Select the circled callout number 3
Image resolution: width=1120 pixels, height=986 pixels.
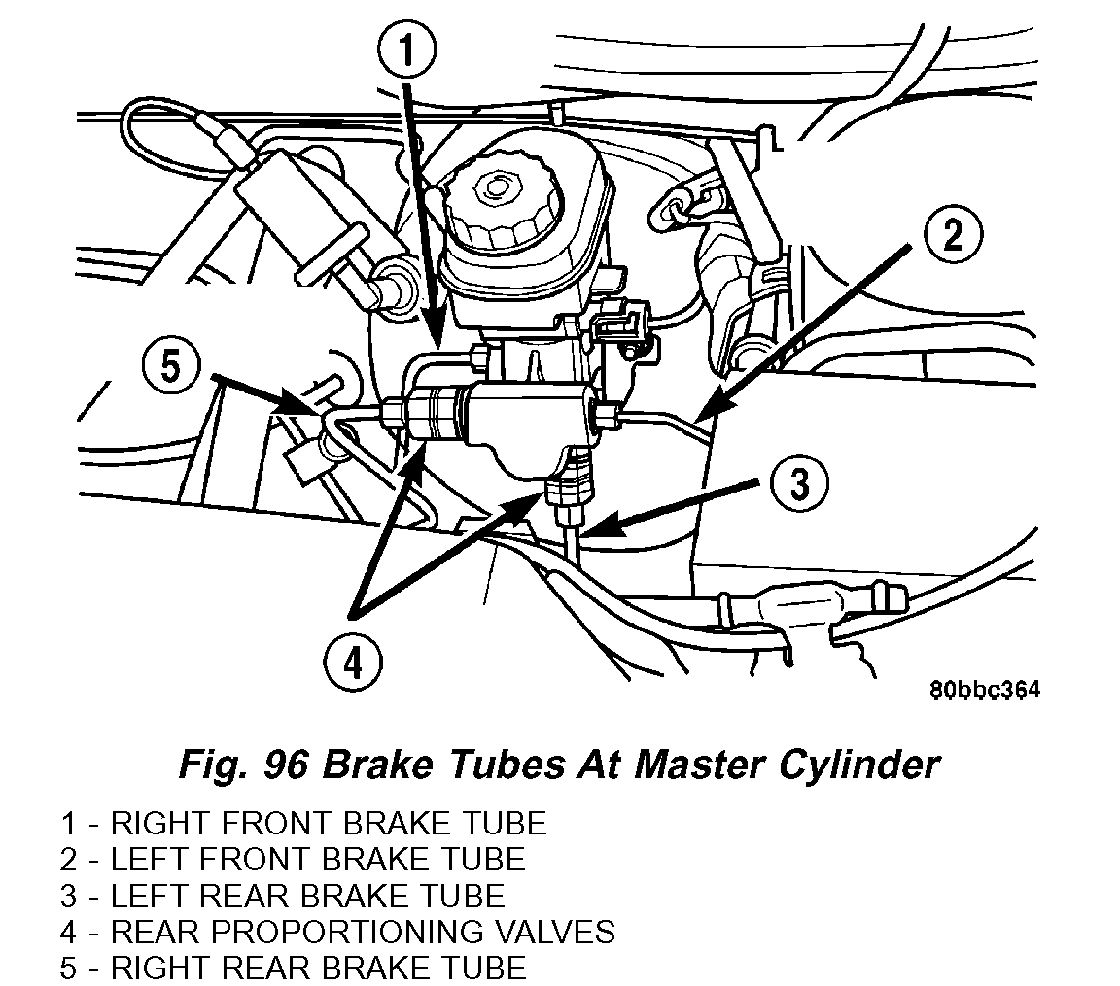pyautogui.click(x=797, y=483)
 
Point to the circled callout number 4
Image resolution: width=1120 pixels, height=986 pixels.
pyautogui.click(x=352, y=663)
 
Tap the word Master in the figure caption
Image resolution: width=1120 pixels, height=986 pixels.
pyautogui.click(x=702, y=765)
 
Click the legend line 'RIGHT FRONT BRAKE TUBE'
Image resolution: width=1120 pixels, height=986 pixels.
pyautogui.click(x=328, y=824)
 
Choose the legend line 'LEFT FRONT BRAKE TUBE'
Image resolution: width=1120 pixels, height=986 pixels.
pyautogui.click(x=317, y=859)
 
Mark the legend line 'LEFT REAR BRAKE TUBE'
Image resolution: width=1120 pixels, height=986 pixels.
pyautogui.click(x=307, y=895)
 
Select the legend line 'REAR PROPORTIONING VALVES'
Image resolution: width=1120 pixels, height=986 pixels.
pyautogui.click(x=362, y=931)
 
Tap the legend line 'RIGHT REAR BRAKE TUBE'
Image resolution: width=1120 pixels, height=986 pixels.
pyautogui.click(x=318, y=967)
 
